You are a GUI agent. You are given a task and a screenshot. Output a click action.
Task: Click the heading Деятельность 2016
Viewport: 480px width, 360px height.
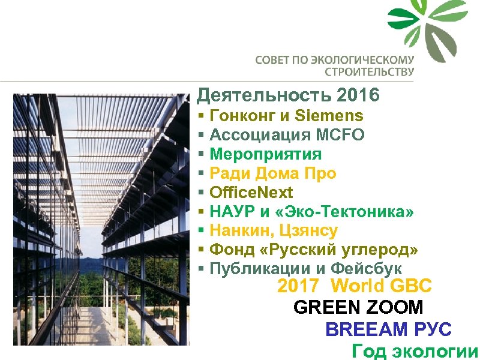click(288, 95)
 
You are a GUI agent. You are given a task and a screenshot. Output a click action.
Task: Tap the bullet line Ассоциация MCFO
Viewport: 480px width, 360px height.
click(287, 135)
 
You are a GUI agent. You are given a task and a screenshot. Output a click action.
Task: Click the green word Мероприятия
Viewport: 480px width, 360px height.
click(265, 154)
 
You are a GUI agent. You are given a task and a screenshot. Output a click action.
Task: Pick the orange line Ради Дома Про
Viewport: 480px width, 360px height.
click(272, 173)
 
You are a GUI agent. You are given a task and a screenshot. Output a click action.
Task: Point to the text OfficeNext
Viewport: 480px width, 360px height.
click(251, 193)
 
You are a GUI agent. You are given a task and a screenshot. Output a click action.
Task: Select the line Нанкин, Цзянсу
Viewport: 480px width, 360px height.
click(274, 230)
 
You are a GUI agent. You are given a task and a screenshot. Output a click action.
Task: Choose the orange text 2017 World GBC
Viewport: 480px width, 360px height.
click(354, 286)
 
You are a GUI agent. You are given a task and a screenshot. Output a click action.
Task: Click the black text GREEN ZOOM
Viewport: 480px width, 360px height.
click(358, 308)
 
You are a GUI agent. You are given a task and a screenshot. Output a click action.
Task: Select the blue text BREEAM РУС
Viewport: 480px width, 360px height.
click(388, 329)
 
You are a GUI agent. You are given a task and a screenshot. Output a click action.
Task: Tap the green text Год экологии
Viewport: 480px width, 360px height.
click(415, 351)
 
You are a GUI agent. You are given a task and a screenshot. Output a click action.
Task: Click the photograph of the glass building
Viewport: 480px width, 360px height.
click(101, 219)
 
